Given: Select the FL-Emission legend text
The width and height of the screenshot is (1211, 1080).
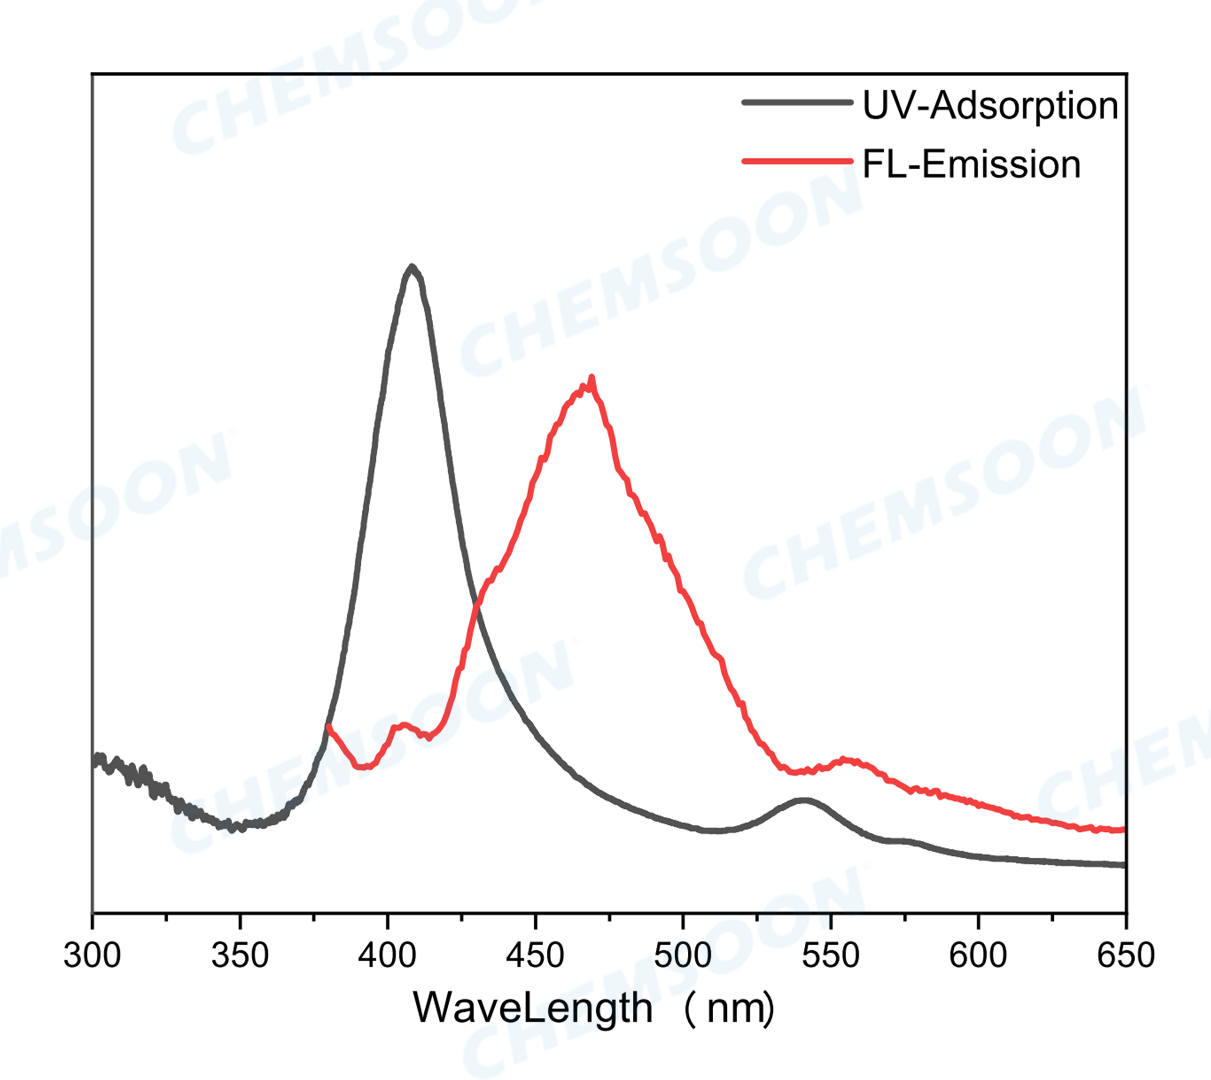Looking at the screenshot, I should (971, 164).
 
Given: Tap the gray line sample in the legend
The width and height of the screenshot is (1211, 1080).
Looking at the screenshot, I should (797, 102).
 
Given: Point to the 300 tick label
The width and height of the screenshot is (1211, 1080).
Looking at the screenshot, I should (92, 956).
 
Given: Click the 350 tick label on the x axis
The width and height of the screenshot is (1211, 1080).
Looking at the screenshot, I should (240, 956).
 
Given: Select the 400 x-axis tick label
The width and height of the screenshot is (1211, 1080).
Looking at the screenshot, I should (387, 956).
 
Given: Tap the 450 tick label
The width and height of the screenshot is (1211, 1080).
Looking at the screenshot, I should (535, 956).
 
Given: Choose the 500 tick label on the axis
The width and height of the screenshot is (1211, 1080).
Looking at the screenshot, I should (683, 956).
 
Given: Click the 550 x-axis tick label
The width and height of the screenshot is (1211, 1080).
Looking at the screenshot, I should (830, 956).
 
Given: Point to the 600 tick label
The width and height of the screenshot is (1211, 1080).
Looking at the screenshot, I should (978, 956).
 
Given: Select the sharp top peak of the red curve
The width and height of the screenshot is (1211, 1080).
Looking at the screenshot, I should (591, 377).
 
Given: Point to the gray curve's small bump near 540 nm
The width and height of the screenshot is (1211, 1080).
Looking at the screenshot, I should (804, 800).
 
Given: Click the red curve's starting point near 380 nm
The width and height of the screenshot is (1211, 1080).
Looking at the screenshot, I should (328, 726).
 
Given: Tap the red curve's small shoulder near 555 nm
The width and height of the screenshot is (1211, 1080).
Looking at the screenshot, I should (846, 760).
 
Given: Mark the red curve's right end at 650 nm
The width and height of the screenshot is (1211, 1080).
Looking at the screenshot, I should (1122, 829).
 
